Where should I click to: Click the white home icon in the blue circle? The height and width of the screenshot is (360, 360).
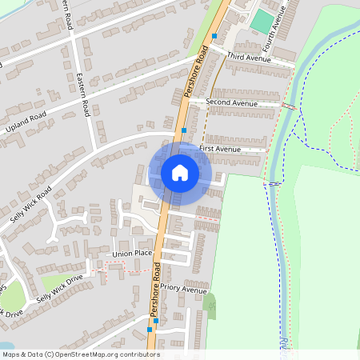tap(179, 173)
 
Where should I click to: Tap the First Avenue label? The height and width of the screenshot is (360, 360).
tap(220, 149)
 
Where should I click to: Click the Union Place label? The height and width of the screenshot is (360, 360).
tap(132, 254)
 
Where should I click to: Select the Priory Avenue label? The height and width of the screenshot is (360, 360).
tap(183, 288)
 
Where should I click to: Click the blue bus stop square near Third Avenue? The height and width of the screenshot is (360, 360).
tap(214, 36)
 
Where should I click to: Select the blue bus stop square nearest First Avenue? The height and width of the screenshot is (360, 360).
tap(184, 130)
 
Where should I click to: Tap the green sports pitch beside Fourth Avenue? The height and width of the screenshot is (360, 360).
tap(261, 22)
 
